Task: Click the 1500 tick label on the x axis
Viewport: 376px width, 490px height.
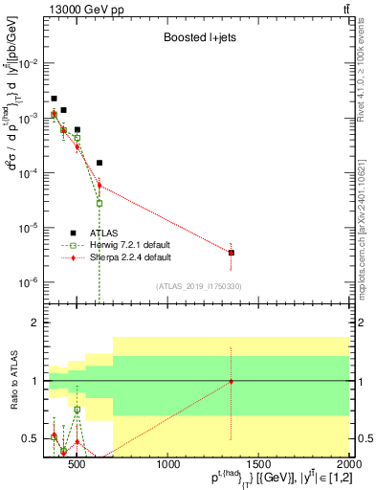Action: pyautogui.click(x=259, y=465)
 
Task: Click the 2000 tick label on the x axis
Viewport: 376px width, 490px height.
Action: pyautogui.click(x=347, y=465)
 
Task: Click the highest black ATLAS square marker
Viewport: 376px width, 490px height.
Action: pyautogui.click(x=55, y=99)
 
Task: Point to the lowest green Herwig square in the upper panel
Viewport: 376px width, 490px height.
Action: pyautogui.click(x=100, y=203)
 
